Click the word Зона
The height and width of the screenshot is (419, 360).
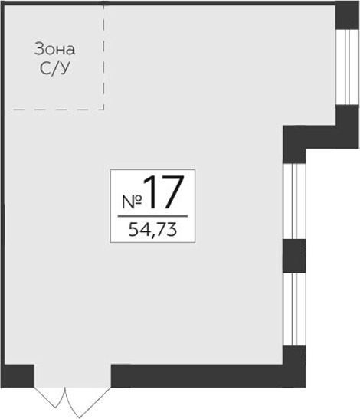55,50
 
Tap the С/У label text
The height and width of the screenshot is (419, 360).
55,68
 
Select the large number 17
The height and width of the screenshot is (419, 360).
164,191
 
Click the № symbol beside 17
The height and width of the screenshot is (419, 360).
132,201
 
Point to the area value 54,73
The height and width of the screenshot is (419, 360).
152,230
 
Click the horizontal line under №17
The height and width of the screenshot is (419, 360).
152,216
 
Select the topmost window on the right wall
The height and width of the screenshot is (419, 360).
347,67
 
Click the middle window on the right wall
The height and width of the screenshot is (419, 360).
295,201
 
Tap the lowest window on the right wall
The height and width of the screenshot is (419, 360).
295,309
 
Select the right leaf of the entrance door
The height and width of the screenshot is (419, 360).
87,401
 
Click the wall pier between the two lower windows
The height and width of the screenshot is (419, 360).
295,256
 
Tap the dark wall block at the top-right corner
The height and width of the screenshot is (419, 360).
347,15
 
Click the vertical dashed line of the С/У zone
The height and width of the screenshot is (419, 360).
103,56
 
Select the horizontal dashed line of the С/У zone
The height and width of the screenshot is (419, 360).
58,110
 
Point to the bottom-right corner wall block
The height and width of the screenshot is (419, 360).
295,366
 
